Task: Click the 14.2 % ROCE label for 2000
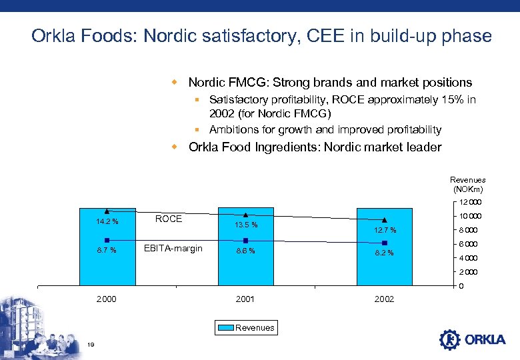pos(107,222)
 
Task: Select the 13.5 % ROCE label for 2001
pos(245,225)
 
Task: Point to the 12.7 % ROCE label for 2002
pos(384,230)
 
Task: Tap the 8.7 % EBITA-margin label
pos(107,251)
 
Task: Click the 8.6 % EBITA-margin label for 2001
pos(245,251)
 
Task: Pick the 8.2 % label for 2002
pos(384,253)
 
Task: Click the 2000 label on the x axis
pos(107,299)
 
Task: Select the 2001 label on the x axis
pos(245,299)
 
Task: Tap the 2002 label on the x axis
pos(384,299)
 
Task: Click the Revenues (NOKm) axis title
pos(467,185)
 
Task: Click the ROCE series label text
pos(168,219)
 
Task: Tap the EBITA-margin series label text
pos(173,249)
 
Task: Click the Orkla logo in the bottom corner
pos(473,339)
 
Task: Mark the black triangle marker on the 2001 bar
pos(245,215)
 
